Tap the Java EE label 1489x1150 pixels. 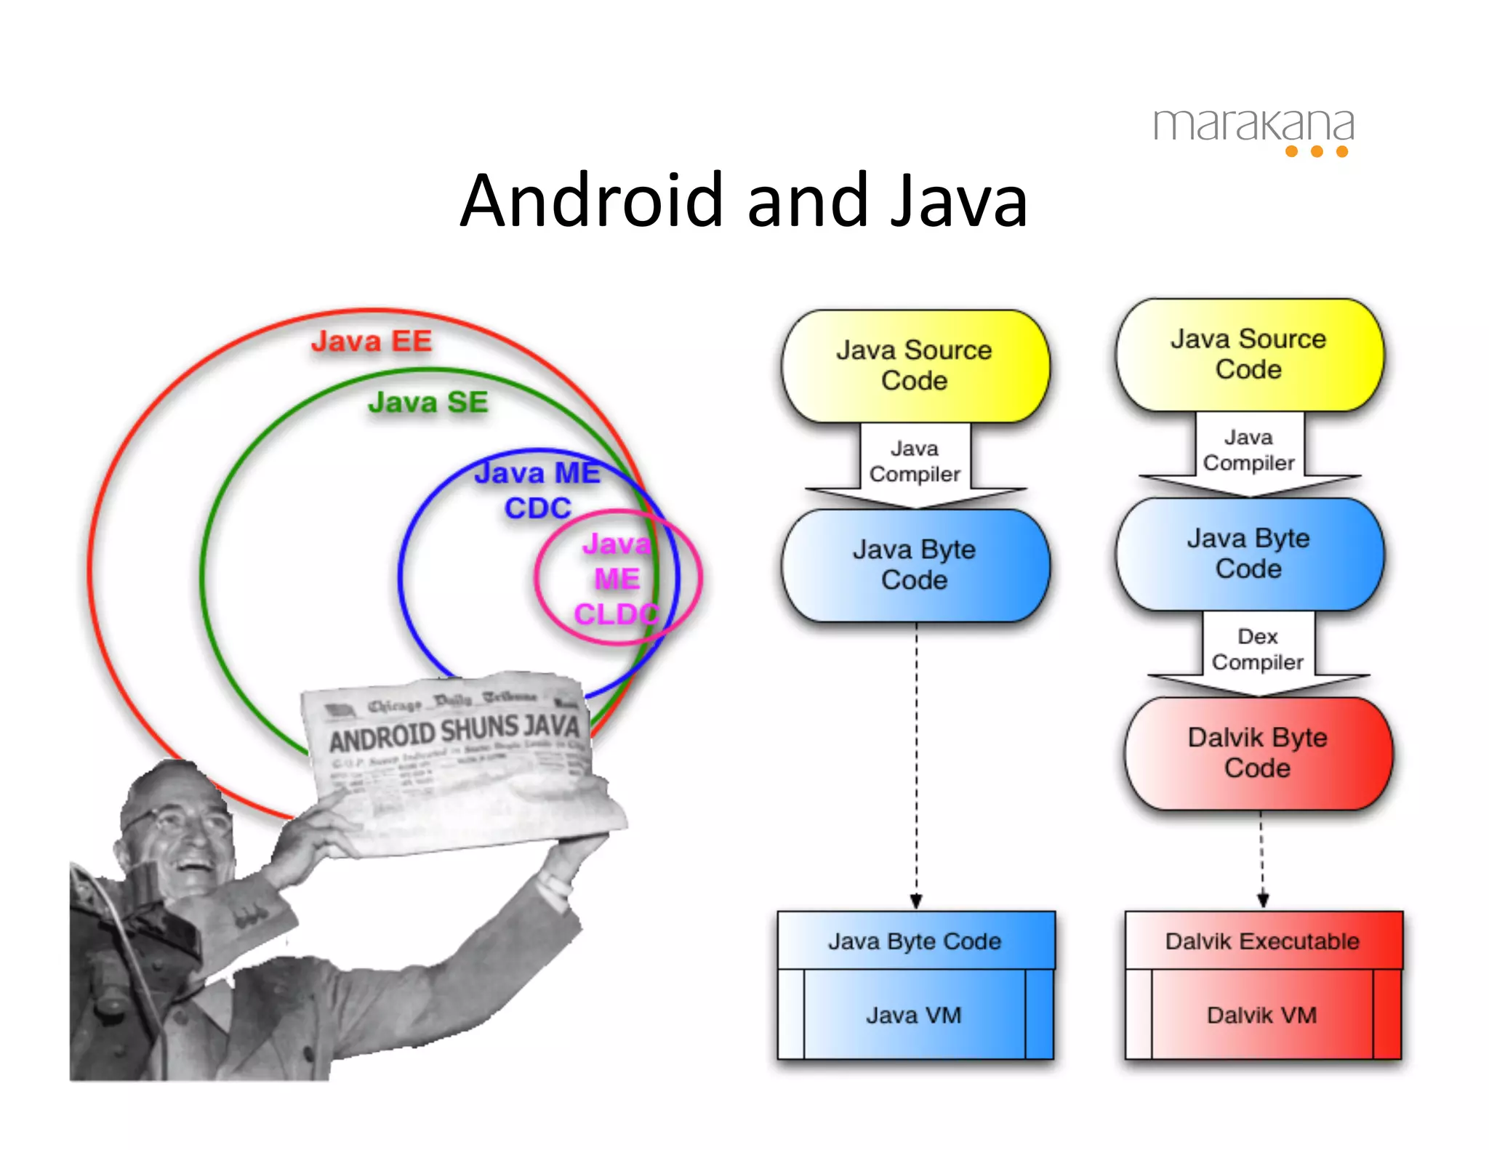click(372, 342)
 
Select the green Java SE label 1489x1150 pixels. click(428, 403)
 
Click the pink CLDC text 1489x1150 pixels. click(616, 614)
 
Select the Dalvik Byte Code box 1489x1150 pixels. click(1258, 753)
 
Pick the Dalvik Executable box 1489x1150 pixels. click(1263, 941)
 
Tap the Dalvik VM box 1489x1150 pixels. click(1262, 1015)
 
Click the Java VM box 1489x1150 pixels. click(914, 1015)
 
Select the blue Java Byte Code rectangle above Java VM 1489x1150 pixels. click(915, 941)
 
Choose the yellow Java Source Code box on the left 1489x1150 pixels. click(915, 366)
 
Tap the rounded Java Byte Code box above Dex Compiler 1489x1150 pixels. click(1249, 553)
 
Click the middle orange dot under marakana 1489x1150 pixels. click(1317, 151)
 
